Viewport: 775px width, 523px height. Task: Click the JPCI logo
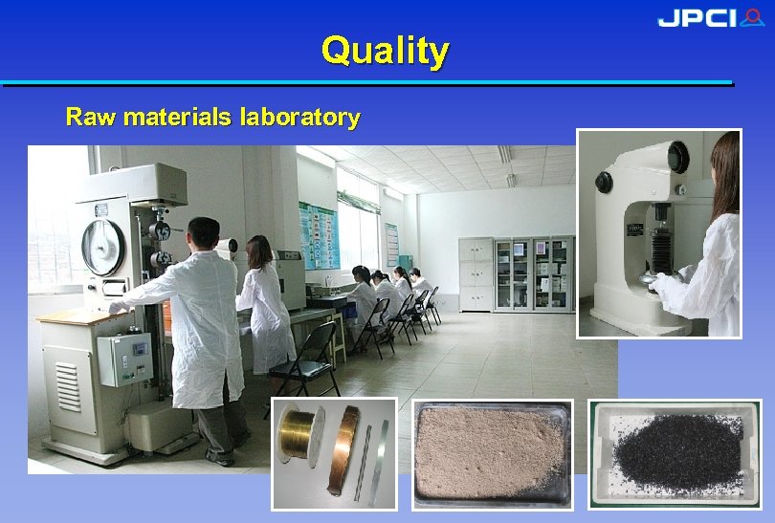tap(709, 18)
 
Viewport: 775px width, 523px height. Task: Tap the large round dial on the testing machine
tap(103, 247)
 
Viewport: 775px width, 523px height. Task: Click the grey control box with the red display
tap(125, 358)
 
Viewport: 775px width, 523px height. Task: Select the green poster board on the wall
tap(318, 235)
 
